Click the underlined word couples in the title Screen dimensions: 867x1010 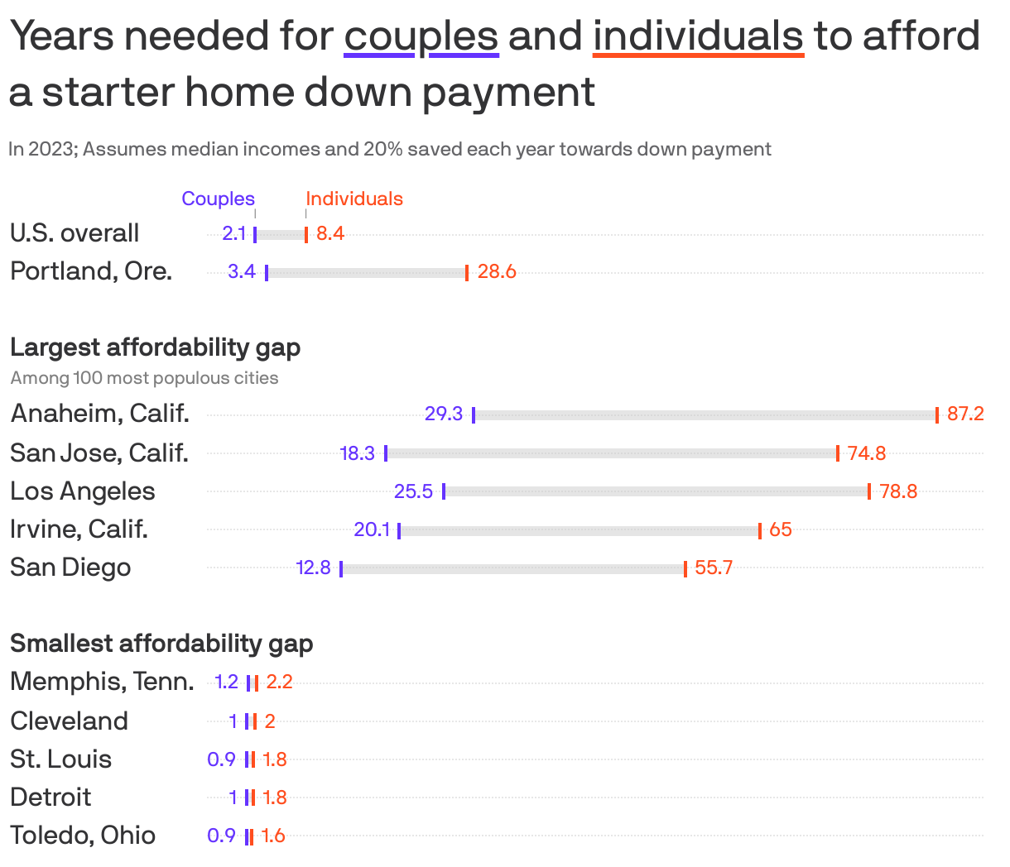coord(421,36)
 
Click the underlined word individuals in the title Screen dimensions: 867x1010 coord(698,36)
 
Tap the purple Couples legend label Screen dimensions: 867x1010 coord(218,199)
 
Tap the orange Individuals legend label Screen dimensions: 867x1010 coord(354,199)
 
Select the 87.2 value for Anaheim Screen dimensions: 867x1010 coord(965,414)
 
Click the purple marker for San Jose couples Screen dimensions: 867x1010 coord(386,453)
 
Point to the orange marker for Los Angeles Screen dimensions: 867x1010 coord(869,491)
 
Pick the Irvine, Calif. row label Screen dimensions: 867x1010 coord(79,529)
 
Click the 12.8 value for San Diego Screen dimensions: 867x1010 coord(313,568)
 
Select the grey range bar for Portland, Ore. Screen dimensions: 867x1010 coord(367,272)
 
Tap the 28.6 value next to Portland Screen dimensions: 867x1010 coord(497,271)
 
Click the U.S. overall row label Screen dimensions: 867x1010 coord(75,233)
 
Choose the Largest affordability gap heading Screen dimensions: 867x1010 coord(155,347)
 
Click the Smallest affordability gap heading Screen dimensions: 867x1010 coord(161,643)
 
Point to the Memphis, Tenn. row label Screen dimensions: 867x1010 coord(102,682)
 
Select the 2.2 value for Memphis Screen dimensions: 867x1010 coord(279,682)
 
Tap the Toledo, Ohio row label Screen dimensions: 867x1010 coord(83,835)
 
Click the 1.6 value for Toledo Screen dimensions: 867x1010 coord(273,836)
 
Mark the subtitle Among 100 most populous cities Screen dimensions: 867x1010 coord(144,378)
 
